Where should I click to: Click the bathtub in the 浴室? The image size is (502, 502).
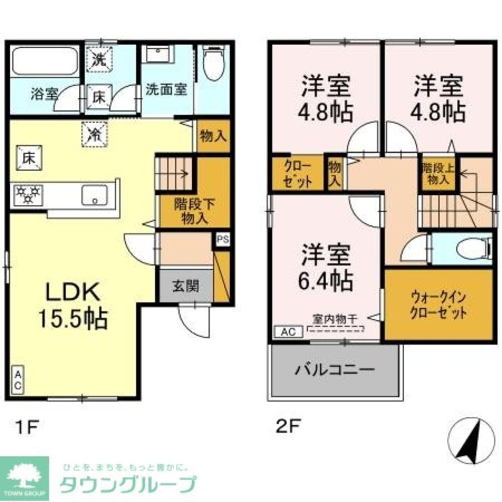point(45,62)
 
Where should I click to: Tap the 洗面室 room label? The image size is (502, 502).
point(166,89)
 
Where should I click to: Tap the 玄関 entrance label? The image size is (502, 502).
point(186,286)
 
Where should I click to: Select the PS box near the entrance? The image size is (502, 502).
point(222,239)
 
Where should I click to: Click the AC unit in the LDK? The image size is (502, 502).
point(17,380)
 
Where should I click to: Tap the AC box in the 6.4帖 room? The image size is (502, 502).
point(288,331)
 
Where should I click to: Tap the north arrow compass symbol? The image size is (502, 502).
point(470,440)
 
